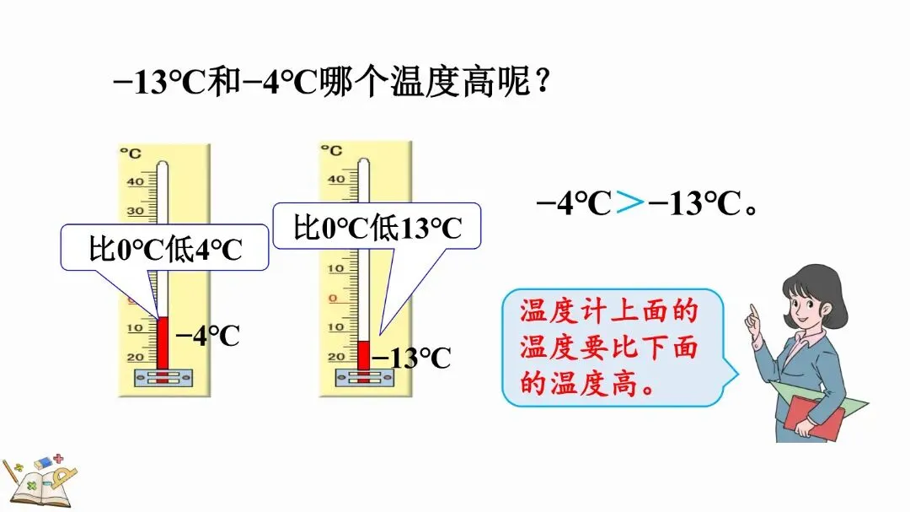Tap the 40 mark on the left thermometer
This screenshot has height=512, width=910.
point(135,181)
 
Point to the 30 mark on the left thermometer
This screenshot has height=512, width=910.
point(135,211)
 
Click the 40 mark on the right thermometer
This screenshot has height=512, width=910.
point(336,179)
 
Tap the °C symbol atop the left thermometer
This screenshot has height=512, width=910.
point(130,153)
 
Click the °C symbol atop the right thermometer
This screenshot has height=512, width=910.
point(332,150)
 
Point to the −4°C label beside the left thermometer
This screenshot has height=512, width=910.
point(207,337)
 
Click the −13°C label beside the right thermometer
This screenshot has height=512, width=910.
point(411,358)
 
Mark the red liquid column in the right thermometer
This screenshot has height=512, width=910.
point(364,354)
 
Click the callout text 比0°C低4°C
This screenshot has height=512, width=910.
point(165,250)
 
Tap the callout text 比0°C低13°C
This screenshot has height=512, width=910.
point(377,228)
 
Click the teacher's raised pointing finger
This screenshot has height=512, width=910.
point(752,315)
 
